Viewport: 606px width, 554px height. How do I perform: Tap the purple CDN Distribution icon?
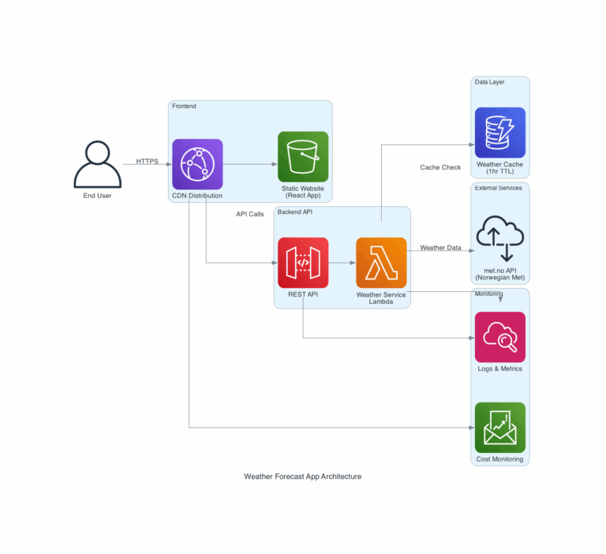[197, 164]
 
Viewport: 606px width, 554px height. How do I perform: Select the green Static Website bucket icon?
[303, 157]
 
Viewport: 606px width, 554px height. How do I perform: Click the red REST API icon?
[303, 263]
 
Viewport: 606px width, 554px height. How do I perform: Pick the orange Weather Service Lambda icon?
[381, 263]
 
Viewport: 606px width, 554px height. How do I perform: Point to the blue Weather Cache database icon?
[499, 133]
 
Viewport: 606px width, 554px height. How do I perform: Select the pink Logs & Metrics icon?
[499, 337]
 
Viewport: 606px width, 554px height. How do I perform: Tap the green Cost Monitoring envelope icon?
[499, 428]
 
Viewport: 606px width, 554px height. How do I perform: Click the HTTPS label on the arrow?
[147, 161]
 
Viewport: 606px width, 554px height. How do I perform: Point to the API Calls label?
[250, 214]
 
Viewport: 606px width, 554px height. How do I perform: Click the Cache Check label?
[440, 167]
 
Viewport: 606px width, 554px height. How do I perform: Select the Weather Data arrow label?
[440, 248]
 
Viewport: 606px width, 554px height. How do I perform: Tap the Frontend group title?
[184, 107]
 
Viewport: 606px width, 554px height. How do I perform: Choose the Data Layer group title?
[489, 82]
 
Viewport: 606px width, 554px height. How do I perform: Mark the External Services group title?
[498, 188]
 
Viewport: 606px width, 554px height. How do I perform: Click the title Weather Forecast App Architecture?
[303, 477]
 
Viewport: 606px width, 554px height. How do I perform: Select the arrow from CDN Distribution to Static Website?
[249, 165]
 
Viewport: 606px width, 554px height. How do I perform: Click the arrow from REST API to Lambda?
[342, 263]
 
